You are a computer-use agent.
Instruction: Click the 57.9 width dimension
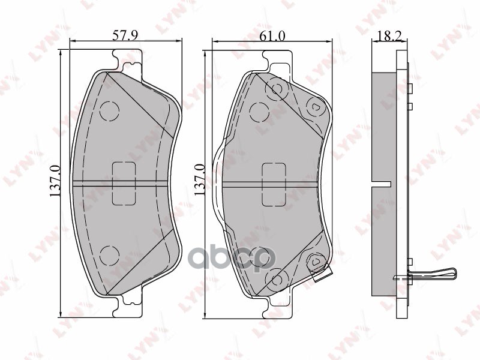125,35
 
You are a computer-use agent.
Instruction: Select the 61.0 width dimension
272,35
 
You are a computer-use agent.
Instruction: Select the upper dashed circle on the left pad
109,110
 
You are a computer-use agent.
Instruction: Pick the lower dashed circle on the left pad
109,254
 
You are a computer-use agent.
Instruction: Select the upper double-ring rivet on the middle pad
277,89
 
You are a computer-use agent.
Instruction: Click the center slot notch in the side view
382,182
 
